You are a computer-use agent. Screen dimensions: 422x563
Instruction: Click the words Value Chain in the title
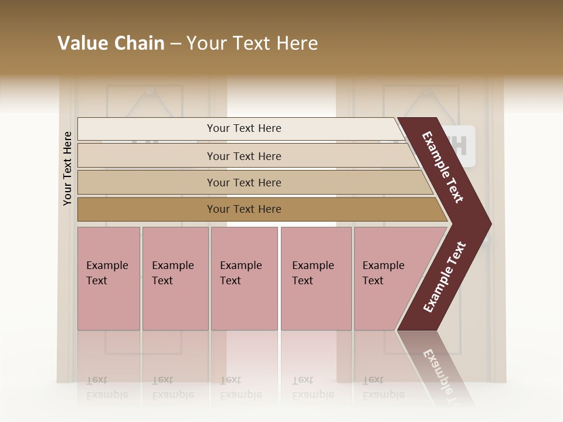[111, 43]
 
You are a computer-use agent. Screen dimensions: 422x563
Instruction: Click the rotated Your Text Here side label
[67, 168]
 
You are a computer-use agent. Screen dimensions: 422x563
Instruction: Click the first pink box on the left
[108, 305]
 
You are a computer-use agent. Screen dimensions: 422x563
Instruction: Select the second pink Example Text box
[175, 305]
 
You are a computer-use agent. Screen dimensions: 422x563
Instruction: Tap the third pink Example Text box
[244, 305]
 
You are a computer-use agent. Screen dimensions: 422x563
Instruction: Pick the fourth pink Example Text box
[316, 305]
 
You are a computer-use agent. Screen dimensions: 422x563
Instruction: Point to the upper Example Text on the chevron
[443, 168]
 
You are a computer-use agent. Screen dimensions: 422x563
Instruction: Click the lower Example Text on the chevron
[444, 277]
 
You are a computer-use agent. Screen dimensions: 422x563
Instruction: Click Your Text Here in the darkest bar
[244, 209]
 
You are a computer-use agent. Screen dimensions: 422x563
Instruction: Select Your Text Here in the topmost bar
[244, 128]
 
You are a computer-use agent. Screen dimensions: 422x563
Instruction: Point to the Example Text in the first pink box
[107, 273]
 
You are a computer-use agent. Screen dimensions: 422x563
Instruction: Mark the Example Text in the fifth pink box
[383, 273]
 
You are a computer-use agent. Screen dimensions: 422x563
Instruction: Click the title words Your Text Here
[252, 43]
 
